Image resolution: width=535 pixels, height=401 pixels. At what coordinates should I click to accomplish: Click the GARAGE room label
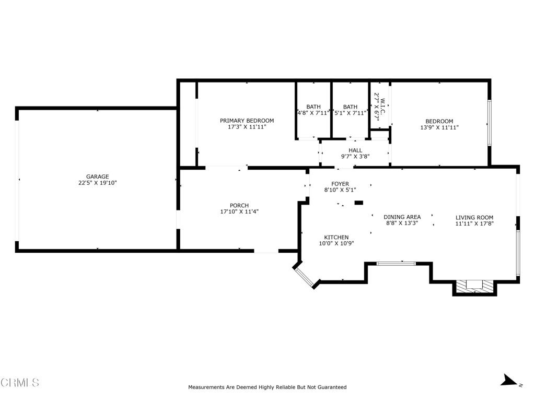(98, 176)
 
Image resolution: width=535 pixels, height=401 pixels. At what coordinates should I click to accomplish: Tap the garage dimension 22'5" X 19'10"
(98, 183)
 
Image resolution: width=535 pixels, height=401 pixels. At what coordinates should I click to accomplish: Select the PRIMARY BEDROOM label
(247, 121)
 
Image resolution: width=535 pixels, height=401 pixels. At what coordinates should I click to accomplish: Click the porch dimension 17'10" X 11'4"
(239, 211)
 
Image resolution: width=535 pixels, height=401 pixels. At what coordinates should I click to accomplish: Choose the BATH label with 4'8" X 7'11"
(313, 107)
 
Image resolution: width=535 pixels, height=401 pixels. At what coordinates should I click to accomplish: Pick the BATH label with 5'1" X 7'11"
(350, 107)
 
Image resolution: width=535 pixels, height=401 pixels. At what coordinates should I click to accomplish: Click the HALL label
(355, 150)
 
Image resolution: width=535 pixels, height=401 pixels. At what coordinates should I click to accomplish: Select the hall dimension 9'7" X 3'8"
(355, 157)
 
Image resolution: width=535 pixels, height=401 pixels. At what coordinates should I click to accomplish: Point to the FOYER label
(340, 184)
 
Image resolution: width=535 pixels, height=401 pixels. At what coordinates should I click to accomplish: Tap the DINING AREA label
(402, 217)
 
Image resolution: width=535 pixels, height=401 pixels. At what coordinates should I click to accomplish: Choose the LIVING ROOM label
(474, 218)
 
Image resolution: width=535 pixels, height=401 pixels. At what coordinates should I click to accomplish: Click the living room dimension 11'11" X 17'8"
(474, 223)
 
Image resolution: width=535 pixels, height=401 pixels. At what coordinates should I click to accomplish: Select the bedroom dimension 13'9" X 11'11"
(439, 127)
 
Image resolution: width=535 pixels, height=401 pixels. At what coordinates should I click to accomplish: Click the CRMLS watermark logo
(20, 383)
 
